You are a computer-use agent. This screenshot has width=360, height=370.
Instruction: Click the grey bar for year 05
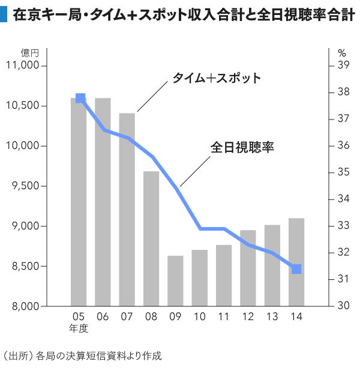[79, 202]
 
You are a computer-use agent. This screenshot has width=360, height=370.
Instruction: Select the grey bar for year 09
[175, 281]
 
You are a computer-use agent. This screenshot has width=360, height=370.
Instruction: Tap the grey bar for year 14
[296, 262]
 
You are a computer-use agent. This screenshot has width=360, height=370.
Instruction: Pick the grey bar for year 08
[151, 238]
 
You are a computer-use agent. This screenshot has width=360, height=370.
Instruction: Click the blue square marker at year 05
[80, 98]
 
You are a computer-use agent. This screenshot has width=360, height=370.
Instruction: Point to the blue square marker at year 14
[296, 269]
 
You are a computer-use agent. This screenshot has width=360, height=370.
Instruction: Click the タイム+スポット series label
[217, 78]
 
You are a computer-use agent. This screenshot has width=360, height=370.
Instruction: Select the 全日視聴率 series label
[242, 147]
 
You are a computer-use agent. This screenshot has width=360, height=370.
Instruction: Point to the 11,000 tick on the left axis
[22, 65]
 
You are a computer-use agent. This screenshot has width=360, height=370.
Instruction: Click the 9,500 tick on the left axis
[25, 186]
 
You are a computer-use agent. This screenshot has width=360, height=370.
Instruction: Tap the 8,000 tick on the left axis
[25, 306]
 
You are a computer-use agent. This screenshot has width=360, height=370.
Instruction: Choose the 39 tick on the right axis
[343, 65]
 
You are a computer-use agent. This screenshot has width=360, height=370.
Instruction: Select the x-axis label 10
[199, 317]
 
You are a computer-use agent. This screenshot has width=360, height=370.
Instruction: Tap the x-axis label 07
[127, 317]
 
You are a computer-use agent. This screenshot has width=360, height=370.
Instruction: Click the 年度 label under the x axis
[79, 328]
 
